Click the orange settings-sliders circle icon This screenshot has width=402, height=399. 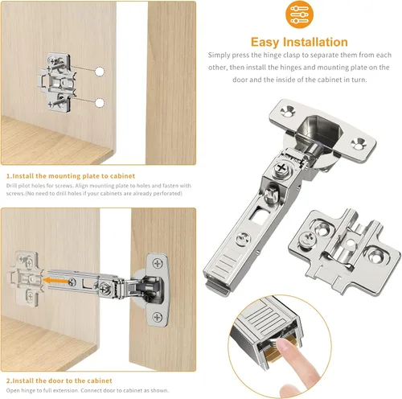click(299, 14)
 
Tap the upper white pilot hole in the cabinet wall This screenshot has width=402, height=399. click(100, 72)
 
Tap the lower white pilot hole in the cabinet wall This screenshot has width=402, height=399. click(100, 103)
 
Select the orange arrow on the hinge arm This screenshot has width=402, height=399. click(55, 281)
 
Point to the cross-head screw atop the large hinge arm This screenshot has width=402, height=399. click(281, 168)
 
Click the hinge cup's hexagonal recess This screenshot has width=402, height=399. click(318, 129)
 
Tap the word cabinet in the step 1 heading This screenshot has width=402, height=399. click(122, 176)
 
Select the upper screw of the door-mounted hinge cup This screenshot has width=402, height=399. click(158, 263)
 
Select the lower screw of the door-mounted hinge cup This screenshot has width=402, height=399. click(158, 317)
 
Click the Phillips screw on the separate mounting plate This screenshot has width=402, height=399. click(308, 238)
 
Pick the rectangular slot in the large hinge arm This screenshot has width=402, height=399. click(258, 215)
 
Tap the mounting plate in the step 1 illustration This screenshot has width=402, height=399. click(57, 82)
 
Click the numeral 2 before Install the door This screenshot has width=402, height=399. click(8, 380)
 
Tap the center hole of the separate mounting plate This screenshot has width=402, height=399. click(350, 244)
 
